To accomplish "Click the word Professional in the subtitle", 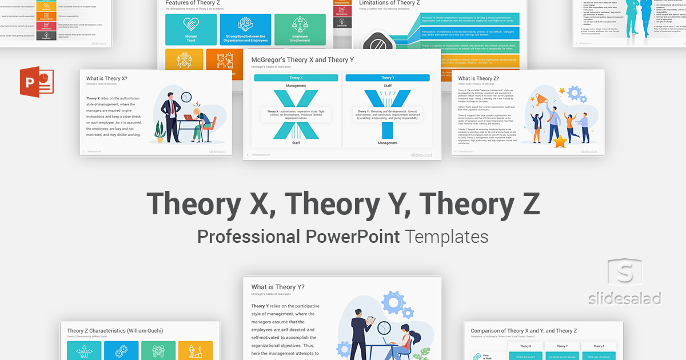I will click(x=248, y=235).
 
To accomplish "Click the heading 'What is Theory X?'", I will click(x=107, y=78).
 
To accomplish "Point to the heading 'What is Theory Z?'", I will click(x=478, y=78).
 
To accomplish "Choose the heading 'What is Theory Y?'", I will click(x=278, y=287).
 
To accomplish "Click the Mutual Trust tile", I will click(x=190, y=30).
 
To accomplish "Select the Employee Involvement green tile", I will click(x=300, y=30).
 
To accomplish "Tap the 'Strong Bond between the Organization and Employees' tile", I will click(x=245, y=30).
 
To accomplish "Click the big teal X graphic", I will click(x=288, y=114).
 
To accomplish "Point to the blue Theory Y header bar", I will click(x=387, y=78).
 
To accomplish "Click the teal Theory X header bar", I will click(x=296, y=78).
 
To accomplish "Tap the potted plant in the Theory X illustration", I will click(x=160, y=134).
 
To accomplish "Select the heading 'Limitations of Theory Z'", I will click(x=389, y=3).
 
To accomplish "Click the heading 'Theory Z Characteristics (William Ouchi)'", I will click(x=115, y=331).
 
